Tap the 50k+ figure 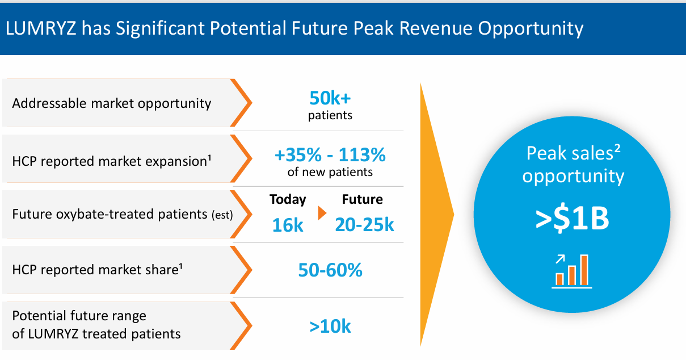point(330,99)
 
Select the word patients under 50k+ point(330,116)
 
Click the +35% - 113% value point(330,154)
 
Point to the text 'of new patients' point(330,172)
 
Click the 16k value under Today point(288,225)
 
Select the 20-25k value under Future point(364,225)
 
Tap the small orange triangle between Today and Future point(322,214)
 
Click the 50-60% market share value point(330,270)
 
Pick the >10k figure point(330,327)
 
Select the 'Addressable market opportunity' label point(111,103)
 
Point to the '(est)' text point(222,216)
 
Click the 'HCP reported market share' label point(97,270)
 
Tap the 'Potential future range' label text point(79,316)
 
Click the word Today point(288,199)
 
